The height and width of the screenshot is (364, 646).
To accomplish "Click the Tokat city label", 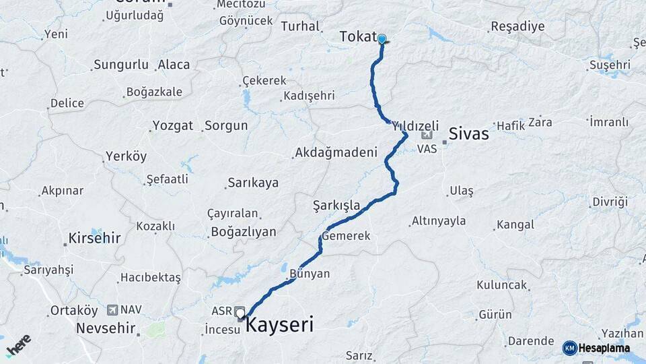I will (x=357, y=36).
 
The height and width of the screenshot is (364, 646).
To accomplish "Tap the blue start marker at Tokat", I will (x=382, y=39).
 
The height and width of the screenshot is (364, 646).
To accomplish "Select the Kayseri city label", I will (x=279, y=326).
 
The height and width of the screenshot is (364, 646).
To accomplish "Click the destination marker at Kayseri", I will (x=240, y=313).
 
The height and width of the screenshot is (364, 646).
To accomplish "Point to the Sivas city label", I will (x=468, y=133).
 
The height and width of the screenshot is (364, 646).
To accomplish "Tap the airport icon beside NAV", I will (x=111, y=310).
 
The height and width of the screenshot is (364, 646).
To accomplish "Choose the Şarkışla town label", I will (x=336, y=205).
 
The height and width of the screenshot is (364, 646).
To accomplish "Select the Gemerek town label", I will (x=347, y=237).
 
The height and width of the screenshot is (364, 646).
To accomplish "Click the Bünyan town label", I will (x=310, y=274).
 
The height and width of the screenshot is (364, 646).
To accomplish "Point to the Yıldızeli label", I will (x=415, y=126).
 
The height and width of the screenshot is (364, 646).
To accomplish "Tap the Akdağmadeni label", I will (x=336, y=153).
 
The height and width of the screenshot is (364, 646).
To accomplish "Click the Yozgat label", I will (x=173, y=125).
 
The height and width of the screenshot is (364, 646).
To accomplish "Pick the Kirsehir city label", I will (x=94, y=238).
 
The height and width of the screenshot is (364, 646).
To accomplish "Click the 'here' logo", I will (x=19, y=346).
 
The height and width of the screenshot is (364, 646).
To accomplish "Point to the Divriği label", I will (x=610, y=202).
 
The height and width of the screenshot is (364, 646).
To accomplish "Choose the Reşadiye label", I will (x=517, y=26).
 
